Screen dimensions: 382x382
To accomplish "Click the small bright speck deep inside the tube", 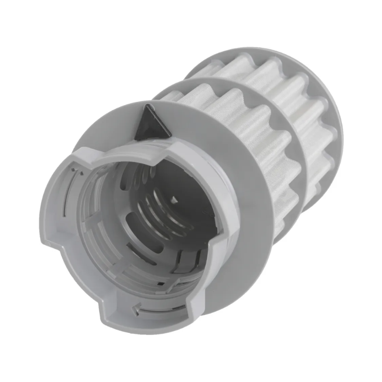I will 173,199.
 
